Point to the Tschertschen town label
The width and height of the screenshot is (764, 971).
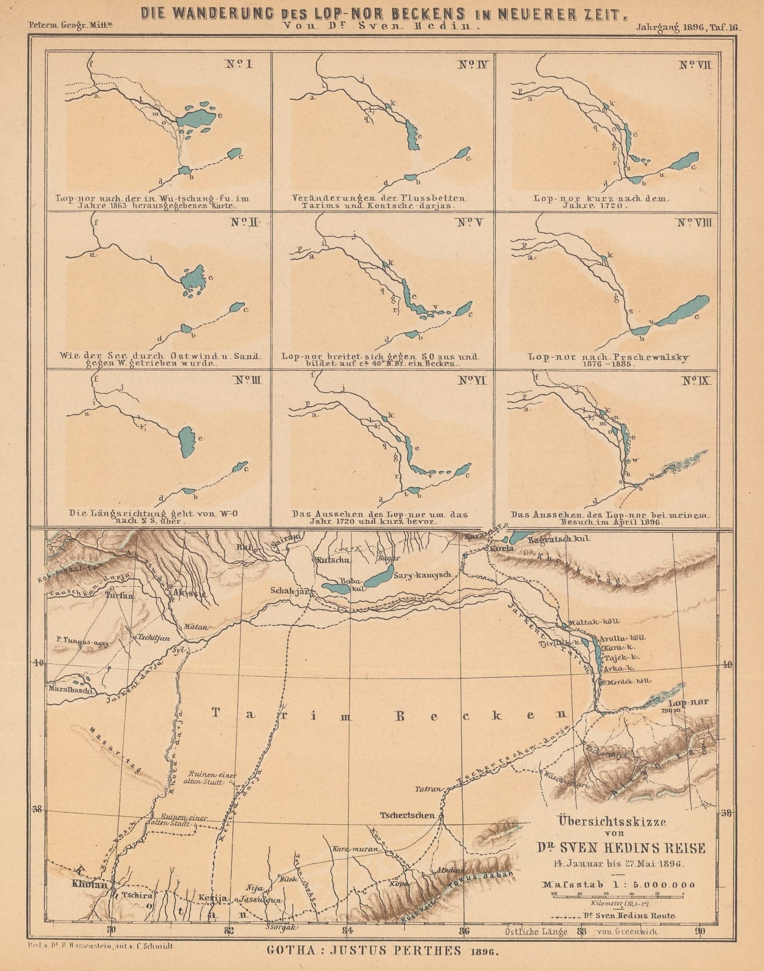tap(407, 814)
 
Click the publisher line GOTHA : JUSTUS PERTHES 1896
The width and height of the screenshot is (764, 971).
tap(382, 951)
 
